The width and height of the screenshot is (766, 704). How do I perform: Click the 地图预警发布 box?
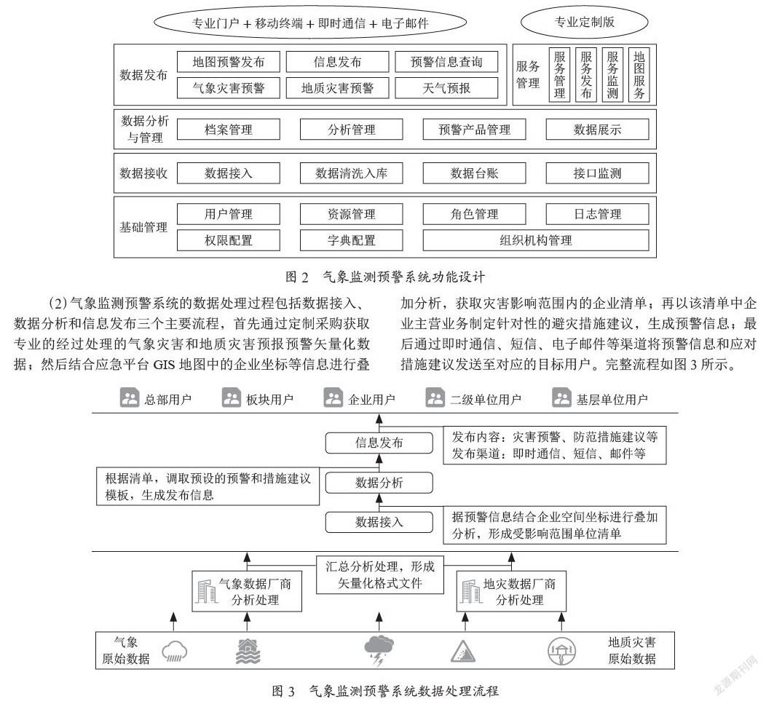[228, 62]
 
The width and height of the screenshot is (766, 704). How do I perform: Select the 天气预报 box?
[446, 88]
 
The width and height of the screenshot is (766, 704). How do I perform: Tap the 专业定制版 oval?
[584, 22]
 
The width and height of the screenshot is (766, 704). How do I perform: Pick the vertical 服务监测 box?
[612, 75]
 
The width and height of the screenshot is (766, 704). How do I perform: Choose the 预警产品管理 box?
[474, 130]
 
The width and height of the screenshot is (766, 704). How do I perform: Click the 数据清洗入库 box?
[351, 173]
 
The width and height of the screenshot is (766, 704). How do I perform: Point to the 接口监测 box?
[598, 173]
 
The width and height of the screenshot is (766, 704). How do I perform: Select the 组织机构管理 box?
[536, 240]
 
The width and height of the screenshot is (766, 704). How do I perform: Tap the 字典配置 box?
[351, 240]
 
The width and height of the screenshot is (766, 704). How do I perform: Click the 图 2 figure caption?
[385, 277]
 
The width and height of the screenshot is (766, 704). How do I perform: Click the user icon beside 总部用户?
[130, 398]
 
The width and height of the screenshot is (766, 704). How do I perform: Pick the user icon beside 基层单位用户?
[561, 398]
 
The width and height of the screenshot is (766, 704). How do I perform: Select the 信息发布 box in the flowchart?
[379, 443]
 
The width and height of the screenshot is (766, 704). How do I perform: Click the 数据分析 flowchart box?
[379, 483]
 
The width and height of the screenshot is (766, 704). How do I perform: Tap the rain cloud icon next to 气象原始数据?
[175, 652]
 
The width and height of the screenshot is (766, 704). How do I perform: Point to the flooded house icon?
[248, 652]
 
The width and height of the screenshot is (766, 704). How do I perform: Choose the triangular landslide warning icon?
[463, 652]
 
